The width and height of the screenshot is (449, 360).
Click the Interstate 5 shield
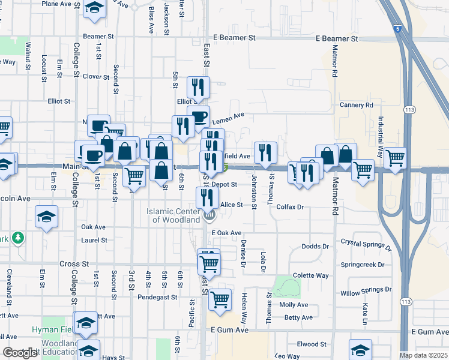point(398,28)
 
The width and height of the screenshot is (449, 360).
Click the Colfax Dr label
point(291,207)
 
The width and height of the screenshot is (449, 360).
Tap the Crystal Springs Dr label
point(366,244)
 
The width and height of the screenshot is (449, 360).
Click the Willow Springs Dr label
point(366,290)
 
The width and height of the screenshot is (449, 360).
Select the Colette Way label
point(310,275)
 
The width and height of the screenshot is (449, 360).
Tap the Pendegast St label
point(157,296)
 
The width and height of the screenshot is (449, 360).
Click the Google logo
point(20,353)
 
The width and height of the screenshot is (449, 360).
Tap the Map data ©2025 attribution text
point(423,355)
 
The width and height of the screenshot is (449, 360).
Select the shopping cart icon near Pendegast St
point(220,298)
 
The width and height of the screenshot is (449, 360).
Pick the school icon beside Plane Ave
point(94,8)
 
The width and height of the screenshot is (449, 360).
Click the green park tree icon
point(18,238)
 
